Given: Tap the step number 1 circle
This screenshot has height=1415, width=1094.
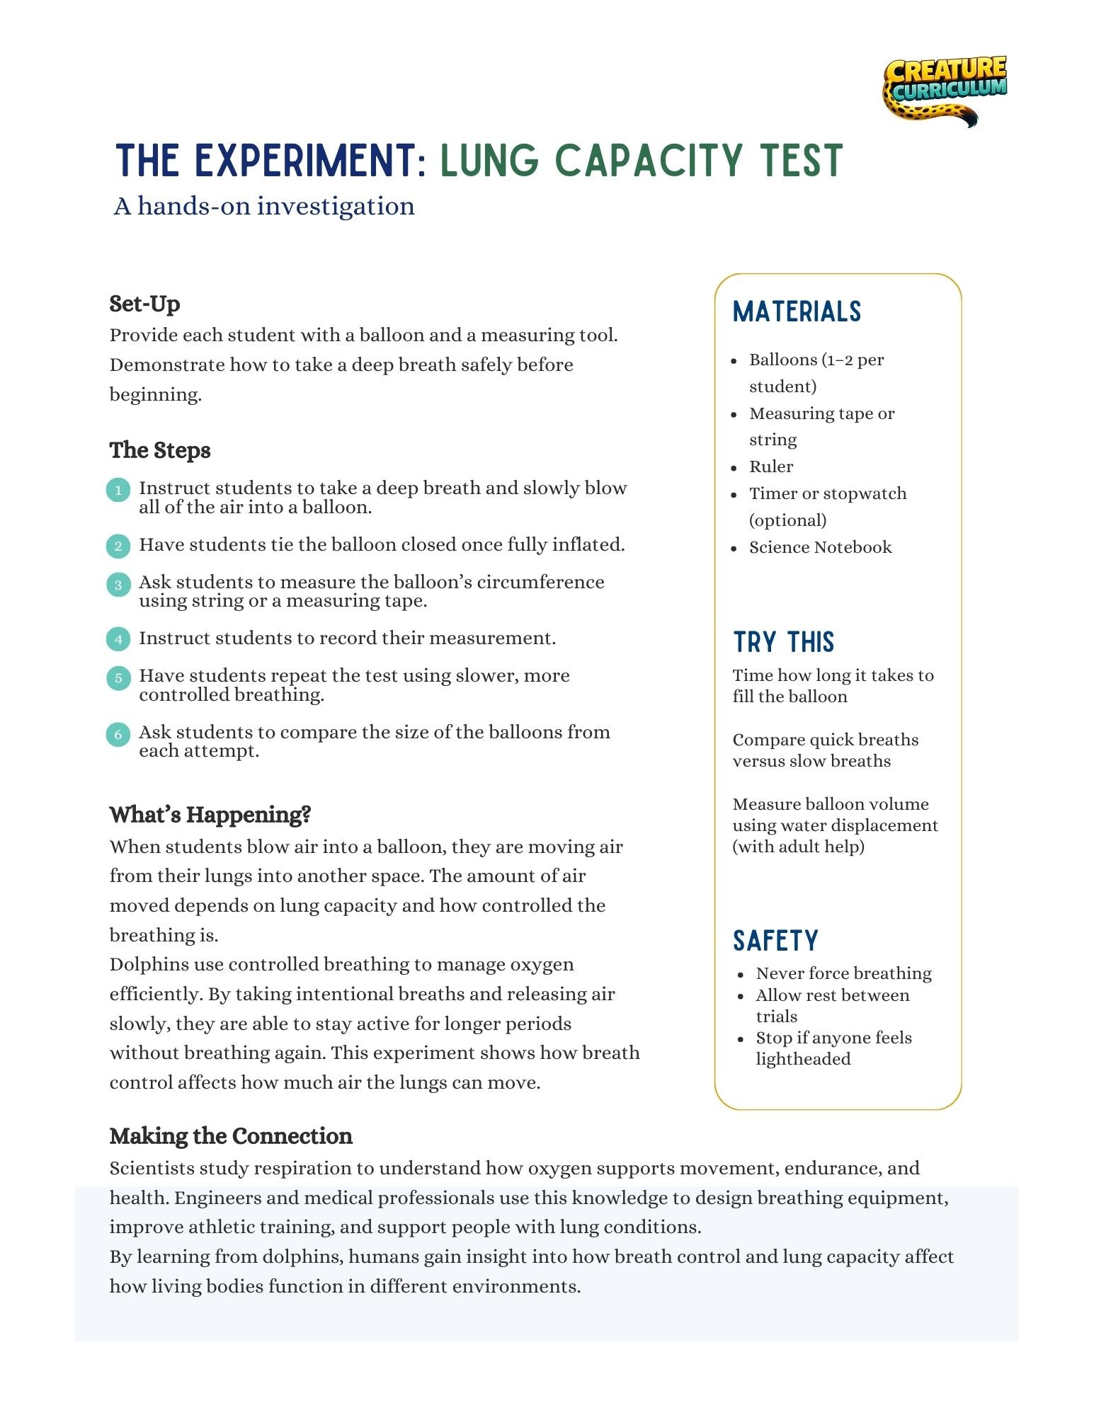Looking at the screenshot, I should [x=118, y=490].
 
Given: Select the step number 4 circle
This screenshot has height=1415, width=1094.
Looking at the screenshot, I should [x=118, y=639].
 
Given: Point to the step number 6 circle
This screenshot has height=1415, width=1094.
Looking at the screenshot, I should [x=118, y=734].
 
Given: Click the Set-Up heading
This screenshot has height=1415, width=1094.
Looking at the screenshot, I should [x=144, y=304].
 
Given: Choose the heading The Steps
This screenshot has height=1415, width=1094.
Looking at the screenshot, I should [x=160, y=450].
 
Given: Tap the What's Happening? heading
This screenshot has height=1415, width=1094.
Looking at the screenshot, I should [x=210, y=815].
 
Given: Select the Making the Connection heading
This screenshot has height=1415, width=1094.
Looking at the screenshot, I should [x=231, y=1136].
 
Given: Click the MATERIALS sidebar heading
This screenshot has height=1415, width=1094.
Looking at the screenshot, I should [x=797, y=311].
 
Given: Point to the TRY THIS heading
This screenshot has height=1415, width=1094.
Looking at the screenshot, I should [x=784, y=642].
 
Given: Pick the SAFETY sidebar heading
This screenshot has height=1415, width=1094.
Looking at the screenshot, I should [x=775, y=941].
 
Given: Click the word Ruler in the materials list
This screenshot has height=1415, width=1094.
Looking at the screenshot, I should [x=771, y=466].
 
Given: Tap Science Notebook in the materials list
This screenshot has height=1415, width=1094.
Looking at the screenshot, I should [x=821, y=547].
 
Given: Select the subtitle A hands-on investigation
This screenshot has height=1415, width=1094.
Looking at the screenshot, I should [x=264, y=206].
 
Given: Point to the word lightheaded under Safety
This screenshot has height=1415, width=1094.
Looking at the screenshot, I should [x=803, y=1059].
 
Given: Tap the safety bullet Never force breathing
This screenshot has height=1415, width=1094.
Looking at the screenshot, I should [x=843, y=973].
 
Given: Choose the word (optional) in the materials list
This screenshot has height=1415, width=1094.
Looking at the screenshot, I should [x=787, y=520].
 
